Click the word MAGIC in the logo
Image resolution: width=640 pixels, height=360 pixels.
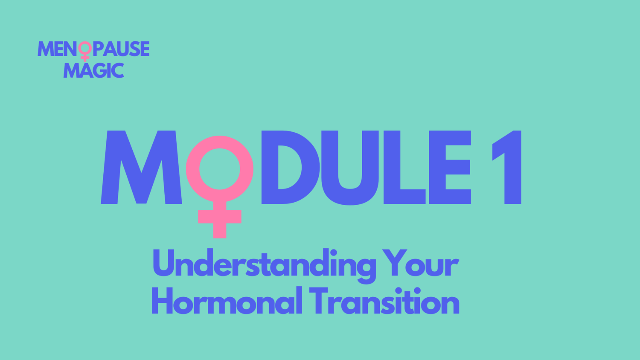(94, 70)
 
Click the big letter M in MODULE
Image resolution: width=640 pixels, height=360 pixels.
(141, 167)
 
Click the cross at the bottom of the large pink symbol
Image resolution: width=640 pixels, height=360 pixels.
(220, 217)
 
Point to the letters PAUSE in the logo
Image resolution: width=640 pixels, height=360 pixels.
(121, 49)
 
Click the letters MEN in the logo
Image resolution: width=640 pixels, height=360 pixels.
(57, 49)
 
